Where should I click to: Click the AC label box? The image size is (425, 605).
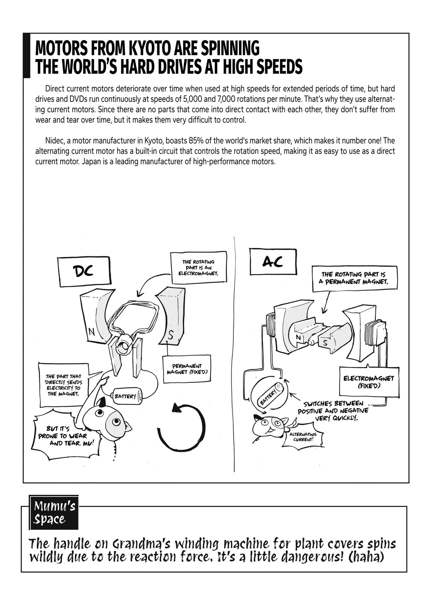[x=273, y=262]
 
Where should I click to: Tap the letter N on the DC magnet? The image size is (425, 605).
[x=91, y=332]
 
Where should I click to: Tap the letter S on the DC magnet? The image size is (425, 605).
[x=171, y=336]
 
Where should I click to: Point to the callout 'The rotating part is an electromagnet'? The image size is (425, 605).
[x=198, y=268]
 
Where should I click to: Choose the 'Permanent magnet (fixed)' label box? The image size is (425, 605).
[x=187, y=369]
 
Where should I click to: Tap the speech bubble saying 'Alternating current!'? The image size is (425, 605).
[x=303, y=437]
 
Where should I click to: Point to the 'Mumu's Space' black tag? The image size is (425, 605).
[x=54, y=512]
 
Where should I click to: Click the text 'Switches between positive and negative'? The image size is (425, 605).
[x=333, y=407]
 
